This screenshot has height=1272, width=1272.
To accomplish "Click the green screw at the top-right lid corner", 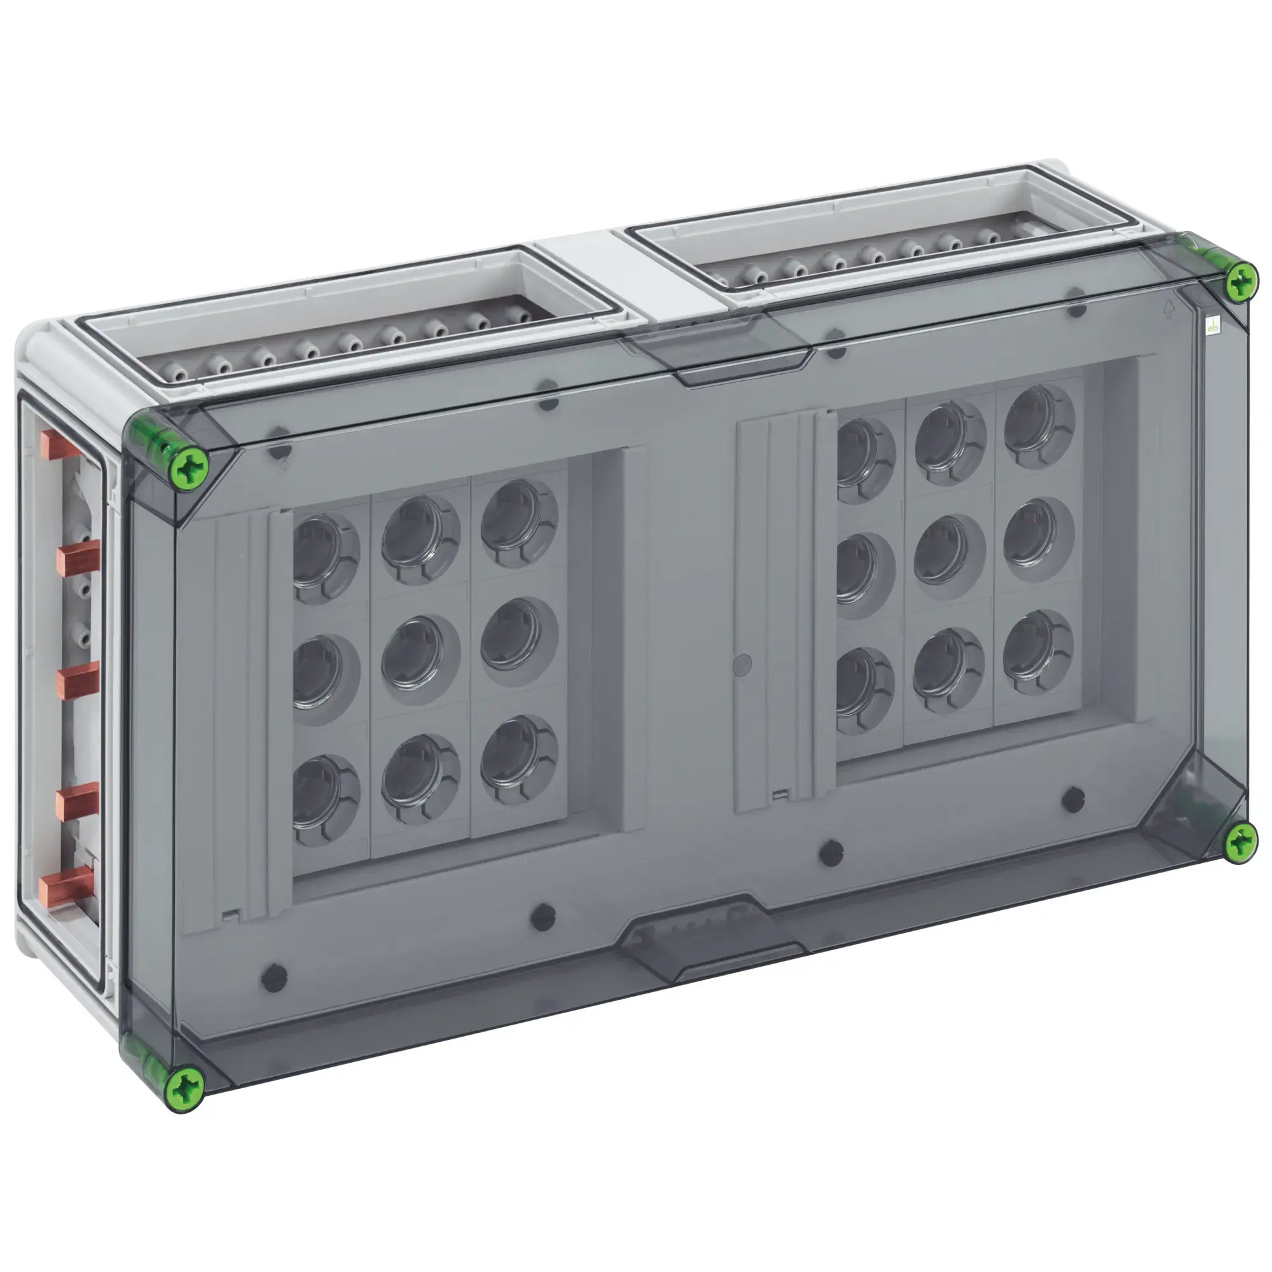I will [1240, 282].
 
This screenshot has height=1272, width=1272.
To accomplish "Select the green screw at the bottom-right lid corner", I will [1241, 841].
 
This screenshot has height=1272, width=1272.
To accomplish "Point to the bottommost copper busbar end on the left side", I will [66, 885].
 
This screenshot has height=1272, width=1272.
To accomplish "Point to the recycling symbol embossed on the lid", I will [1168, 310].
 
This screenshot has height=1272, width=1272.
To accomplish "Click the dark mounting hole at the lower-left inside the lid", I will [274, 978].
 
